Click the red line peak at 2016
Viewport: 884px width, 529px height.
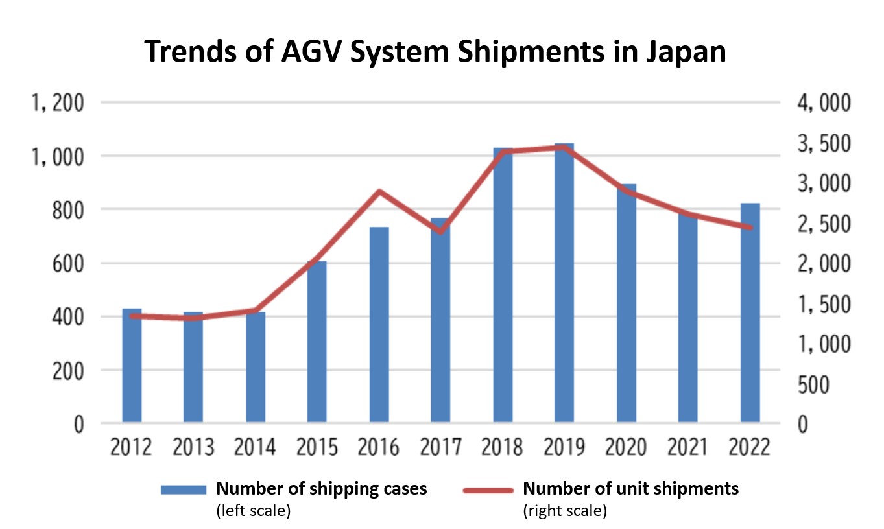point(379,191)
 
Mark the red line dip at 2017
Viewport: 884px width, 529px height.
point(440,231)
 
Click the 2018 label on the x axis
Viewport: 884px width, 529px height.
point(502,448)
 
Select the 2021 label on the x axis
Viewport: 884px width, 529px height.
point(688,448)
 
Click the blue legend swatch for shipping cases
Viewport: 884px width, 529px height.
point(184,489)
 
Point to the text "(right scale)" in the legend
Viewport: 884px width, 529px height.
point(564,511)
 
